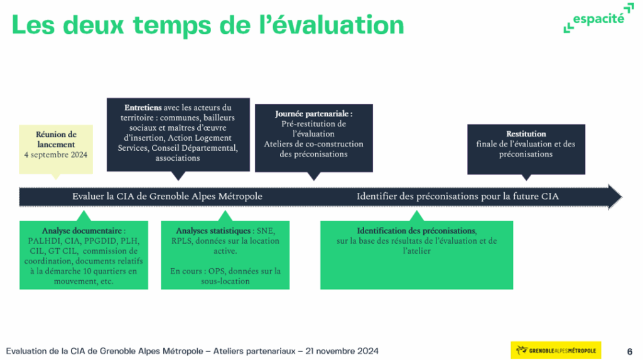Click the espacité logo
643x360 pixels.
(598, 18)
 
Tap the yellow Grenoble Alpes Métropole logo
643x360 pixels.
(556, 350)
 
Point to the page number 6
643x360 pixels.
(630, 351)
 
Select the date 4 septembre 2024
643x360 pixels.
(56, 155)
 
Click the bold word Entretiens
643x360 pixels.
(143, 107)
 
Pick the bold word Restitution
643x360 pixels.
(526, 134)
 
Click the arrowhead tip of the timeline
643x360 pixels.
(622, 197)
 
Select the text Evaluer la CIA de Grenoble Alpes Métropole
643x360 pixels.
(167, 196)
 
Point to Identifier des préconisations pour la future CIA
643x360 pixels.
(458, 196)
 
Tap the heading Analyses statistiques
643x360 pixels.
(213, 231)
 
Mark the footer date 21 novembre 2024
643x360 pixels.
(342, 351)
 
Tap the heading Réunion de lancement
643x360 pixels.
(56, 139)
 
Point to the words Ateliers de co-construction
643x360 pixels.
(314, 144)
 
